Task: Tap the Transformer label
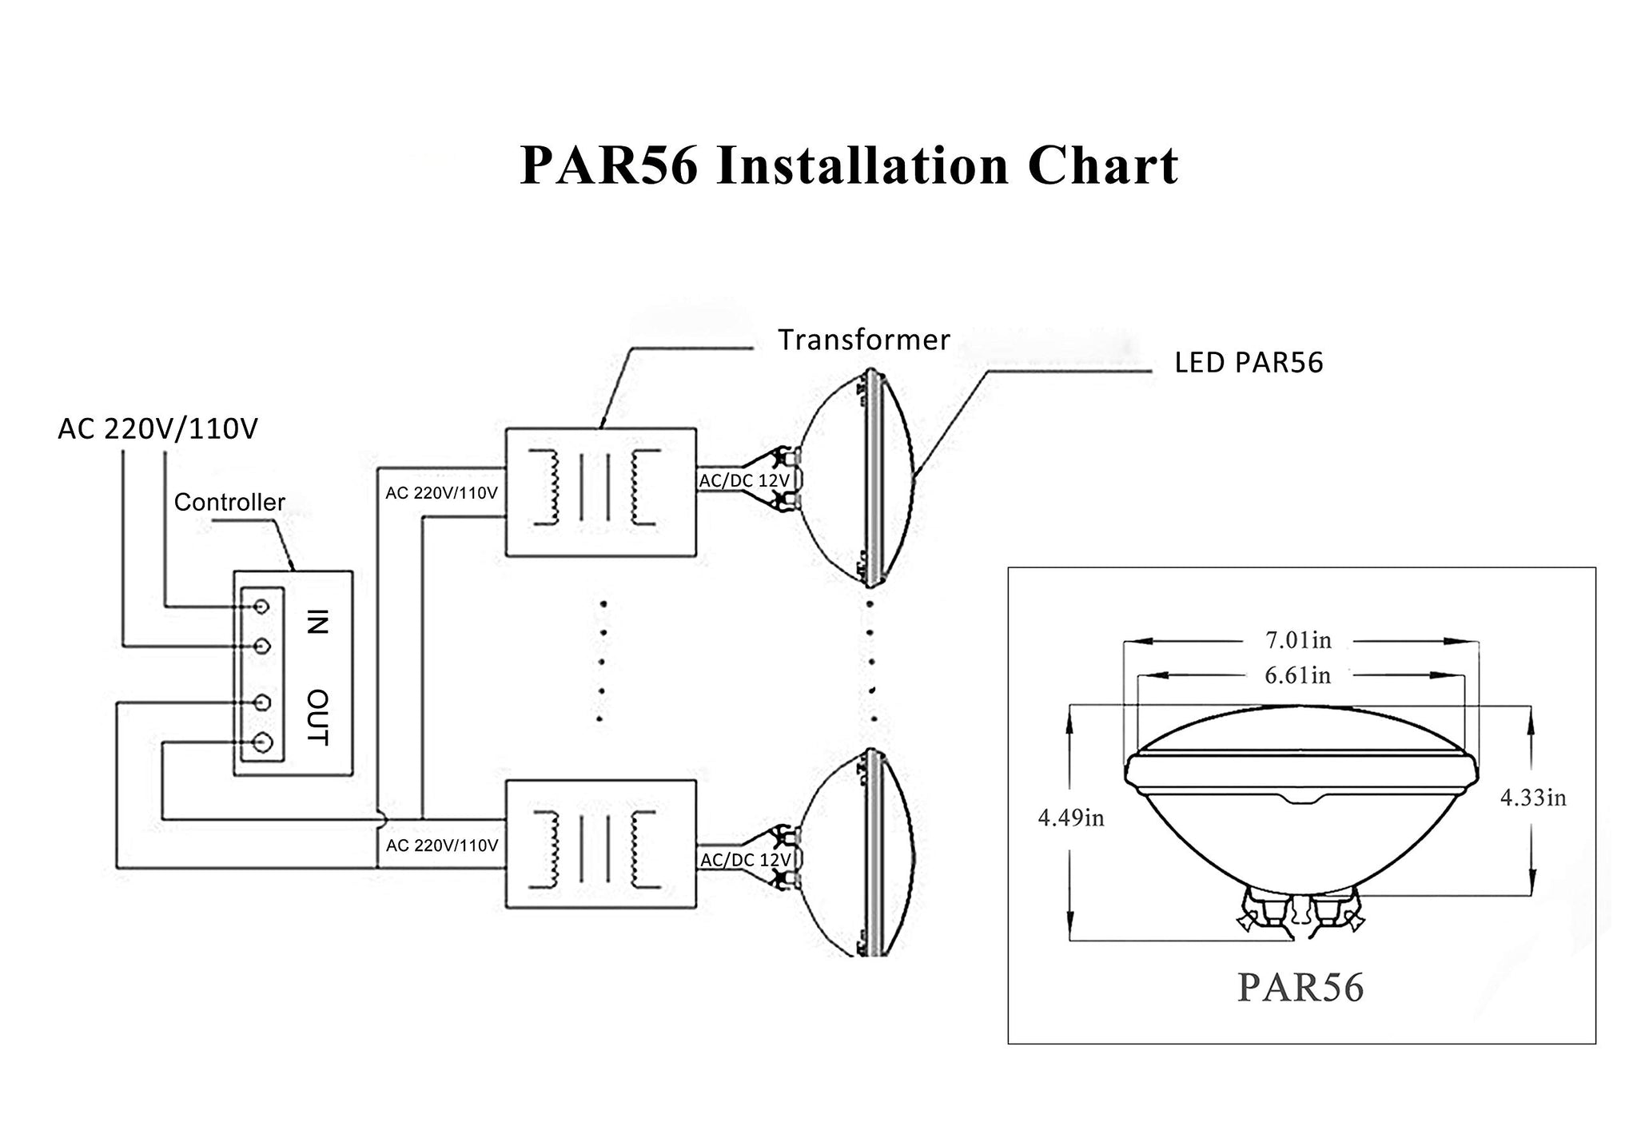pos(864,340)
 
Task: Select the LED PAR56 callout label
pos(1249,363)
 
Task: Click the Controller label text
pos(229,502)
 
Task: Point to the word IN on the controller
pos(317,621)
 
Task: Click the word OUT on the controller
pos(317,716)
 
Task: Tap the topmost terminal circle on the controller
pos(261,607)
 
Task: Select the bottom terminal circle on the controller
pos(261,743)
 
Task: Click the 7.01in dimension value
pos(1298,640)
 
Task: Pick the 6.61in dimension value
pos(1298,676)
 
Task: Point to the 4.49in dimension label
pos(1071,818)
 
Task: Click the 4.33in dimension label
pos(1533,798)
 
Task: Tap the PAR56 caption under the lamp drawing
pos(1300,987)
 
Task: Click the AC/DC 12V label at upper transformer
pos(744,481)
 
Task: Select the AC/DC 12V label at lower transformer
pos(745,860)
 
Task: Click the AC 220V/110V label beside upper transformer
pos(441,493)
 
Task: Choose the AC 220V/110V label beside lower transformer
pos(442,846)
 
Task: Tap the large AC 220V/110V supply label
pos(157,429)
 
